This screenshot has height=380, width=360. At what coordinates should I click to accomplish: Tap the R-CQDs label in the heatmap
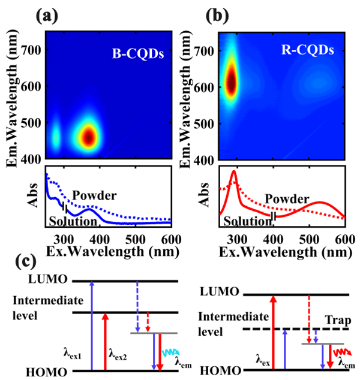303,50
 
